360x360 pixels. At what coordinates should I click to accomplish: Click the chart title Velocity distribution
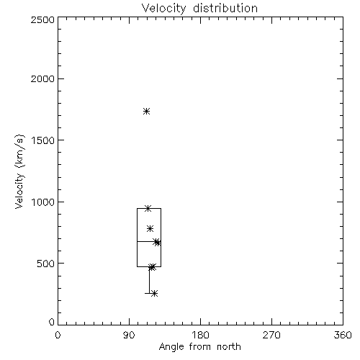(199, 8)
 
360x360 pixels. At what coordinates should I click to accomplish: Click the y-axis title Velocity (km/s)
(19, 171)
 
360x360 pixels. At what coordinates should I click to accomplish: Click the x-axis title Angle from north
(199, 346)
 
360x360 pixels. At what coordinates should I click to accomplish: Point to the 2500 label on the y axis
(42, 19)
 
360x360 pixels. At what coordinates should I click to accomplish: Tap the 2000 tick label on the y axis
(42, 78)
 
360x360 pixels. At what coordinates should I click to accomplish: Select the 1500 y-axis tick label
(43, 140)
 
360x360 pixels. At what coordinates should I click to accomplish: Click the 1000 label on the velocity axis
(43, 202)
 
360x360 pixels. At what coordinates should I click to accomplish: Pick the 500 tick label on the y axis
(45, 264)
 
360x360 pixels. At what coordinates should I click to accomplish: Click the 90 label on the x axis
(129, 335)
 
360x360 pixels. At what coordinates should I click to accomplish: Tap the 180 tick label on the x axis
(200, 335)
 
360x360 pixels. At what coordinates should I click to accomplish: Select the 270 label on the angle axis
(271, 335)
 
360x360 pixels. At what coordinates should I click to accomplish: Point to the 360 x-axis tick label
(343, 335)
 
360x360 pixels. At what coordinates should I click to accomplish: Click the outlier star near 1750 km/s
(147, 112)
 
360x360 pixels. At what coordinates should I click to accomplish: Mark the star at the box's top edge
(148, 208)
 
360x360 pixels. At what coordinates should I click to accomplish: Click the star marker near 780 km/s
(150, 228)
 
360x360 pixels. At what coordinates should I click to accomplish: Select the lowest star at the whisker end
(155, 293)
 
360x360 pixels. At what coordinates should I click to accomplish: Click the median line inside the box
(149, 241)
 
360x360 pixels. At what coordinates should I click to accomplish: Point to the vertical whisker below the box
(149, 280)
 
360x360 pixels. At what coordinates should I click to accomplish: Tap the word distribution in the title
(225, 8)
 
